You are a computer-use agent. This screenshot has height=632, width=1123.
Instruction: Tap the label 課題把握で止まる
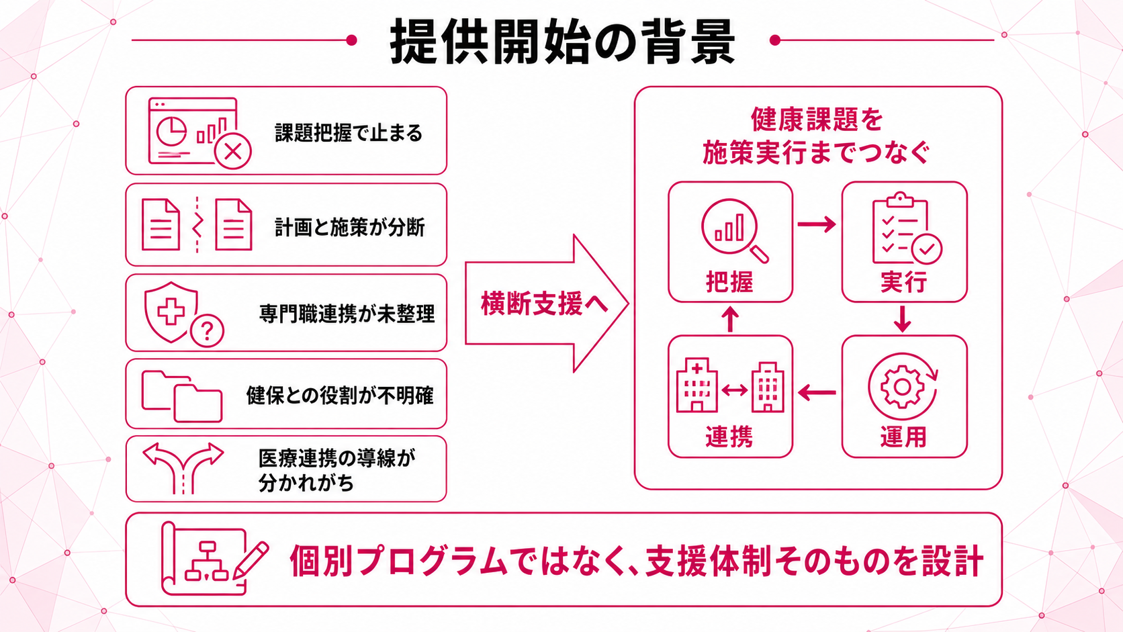(x=349, y=133)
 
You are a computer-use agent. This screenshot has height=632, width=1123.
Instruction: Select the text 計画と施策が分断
(x=349, y=227)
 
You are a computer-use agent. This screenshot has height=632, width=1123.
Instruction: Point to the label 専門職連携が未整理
(x=347, y=314)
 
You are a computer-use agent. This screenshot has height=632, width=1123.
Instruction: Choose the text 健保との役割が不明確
(x=340, y=396)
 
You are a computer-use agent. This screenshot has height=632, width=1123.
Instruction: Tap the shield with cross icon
(x=171, y=312)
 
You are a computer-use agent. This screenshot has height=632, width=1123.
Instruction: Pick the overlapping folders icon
(x=182, y=396)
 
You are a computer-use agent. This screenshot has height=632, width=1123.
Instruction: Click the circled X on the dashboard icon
(x=232, y=151)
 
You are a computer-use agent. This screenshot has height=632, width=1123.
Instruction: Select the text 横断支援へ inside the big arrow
(x=545, y=304)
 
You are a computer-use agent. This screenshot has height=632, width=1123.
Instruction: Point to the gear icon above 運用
(x=903, y=386)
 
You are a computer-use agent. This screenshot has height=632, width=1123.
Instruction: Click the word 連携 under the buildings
(x=729, y=437)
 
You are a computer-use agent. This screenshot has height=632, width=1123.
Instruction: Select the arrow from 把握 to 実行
(x=817, y=224)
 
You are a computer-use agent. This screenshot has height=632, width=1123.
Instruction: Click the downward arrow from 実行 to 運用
(x=903, y=319)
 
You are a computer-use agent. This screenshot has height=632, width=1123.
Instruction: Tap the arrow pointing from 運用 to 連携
(x=817, y=392)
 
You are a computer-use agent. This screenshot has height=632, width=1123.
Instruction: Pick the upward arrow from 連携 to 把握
(x=730, y=319)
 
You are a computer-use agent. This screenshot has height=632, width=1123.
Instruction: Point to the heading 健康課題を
(x=817, y=120)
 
